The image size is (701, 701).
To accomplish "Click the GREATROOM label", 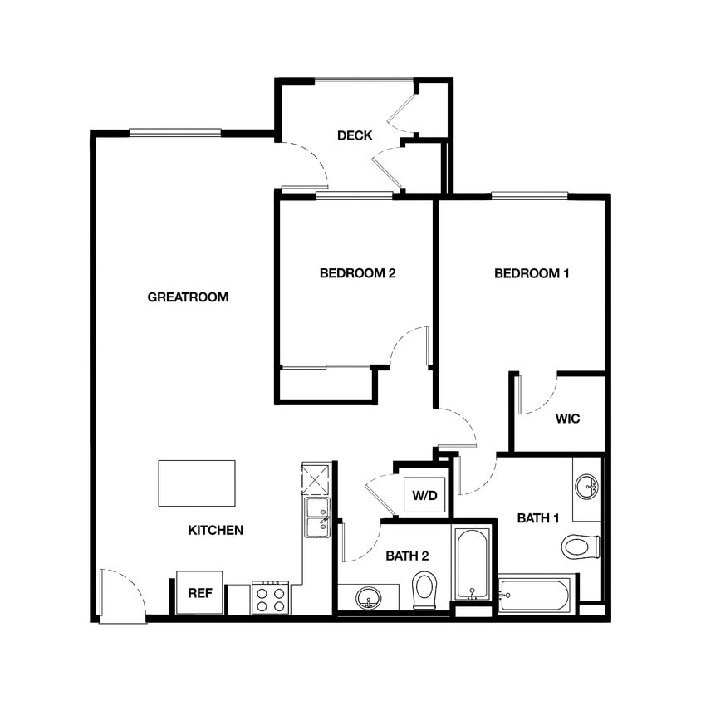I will (x=187, y=297).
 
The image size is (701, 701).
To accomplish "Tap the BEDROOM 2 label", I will (x=357, y=273).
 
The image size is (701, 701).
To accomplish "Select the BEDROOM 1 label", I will (x=532, y=273).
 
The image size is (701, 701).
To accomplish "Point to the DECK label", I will (x=355, y=135).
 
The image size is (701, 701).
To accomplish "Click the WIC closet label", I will (x=567, y=418).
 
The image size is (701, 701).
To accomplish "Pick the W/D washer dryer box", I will (x=424, y=496).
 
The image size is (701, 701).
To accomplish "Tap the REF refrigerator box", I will (x=199, y=593).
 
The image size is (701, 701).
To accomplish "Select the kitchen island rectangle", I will (x=197, y=483).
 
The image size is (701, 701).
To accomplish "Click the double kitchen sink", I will (x=316, y=517).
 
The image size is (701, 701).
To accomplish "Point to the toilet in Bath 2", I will (x=424, y=590).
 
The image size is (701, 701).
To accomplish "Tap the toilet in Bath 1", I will (x=581, y=547).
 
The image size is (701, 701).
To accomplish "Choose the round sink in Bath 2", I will (x=368, y=597).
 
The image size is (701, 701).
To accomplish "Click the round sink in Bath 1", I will (x=587, y=485).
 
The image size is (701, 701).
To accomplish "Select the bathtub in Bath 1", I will (x=535, y=596).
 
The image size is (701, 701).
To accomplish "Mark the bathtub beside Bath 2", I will (x=473, y=562).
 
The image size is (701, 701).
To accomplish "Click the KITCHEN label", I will (x=215, y=530).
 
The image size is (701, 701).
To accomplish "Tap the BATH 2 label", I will (x=407, y=556).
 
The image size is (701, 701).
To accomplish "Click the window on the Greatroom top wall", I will (x=175, y=132).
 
